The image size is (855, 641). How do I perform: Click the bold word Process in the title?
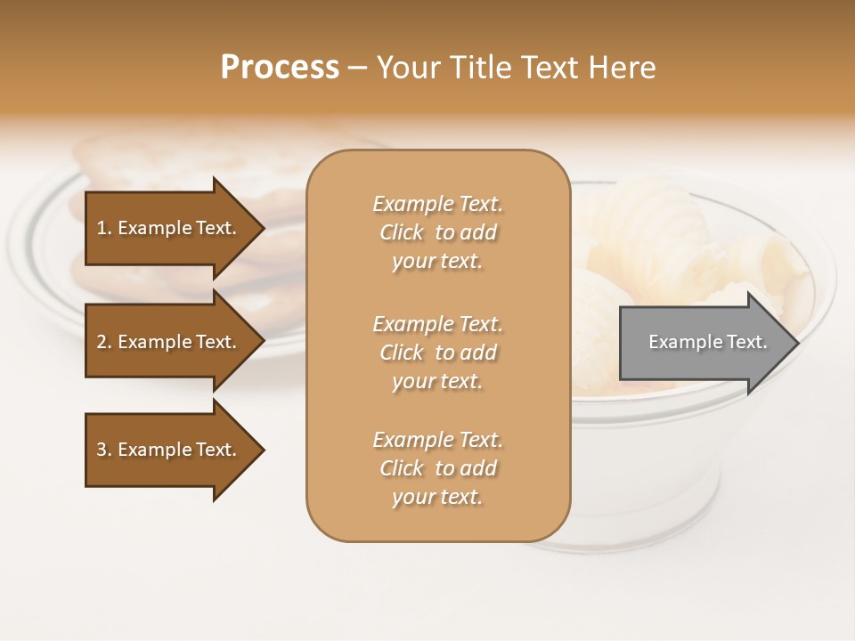click(280, 68)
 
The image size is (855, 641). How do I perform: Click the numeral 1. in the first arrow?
click(103, 228)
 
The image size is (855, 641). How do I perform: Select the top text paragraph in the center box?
click(437, 232)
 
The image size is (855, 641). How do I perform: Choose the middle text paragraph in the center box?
click(437, 353)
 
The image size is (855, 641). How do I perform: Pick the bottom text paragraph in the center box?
click(437, 468)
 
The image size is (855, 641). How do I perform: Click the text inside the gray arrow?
click(707, 342)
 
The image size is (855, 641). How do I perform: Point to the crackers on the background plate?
click(160, 165)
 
